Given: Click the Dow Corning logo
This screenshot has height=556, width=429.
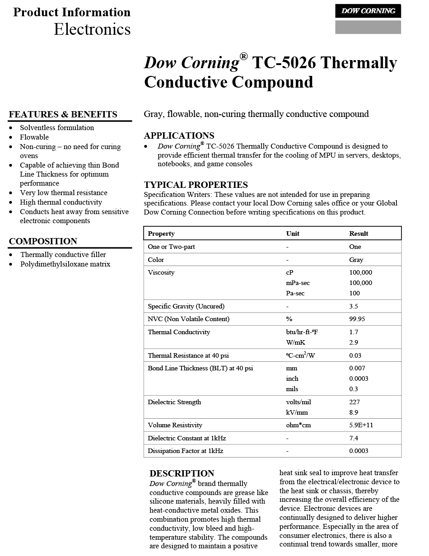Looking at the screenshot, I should coord(368,11).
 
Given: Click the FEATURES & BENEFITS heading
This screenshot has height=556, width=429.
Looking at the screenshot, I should coord(63,115).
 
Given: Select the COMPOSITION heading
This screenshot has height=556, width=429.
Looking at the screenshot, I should coord(43,241).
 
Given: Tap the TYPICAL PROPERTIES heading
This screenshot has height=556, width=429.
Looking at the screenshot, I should coord(196,185).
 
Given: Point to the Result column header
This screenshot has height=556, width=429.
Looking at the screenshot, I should coord(359,234).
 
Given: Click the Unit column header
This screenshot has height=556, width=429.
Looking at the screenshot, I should coord(293,234).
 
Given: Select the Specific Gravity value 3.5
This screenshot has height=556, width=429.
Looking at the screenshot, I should coord(354,306).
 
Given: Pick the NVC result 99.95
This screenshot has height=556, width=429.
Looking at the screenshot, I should coord(357,319).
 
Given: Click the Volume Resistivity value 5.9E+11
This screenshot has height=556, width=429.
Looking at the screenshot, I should coord(361,425).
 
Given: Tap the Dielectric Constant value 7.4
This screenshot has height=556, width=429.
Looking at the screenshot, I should coord(354,438).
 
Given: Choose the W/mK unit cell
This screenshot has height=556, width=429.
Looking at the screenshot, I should coord(295,342).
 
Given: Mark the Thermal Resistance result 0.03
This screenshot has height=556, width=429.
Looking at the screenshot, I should coord(355,355).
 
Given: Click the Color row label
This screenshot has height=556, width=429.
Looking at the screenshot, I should coord(156,260).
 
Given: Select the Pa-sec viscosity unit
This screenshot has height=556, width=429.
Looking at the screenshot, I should coord(295,293).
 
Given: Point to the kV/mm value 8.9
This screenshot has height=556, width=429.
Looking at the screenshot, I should coord(354,412).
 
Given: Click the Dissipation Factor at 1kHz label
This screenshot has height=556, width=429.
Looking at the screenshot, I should coord(185,451).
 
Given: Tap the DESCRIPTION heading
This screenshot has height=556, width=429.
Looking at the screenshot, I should coord(182,473).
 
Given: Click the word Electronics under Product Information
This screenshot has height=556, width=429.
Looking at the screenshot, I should coord(92,29).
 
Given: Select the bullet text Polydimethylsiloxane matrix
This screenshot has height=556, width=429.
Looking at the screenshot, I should coord(65,264).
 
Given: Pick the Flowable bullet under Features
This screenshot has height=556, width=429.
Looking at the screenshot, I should coord(34,137).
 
